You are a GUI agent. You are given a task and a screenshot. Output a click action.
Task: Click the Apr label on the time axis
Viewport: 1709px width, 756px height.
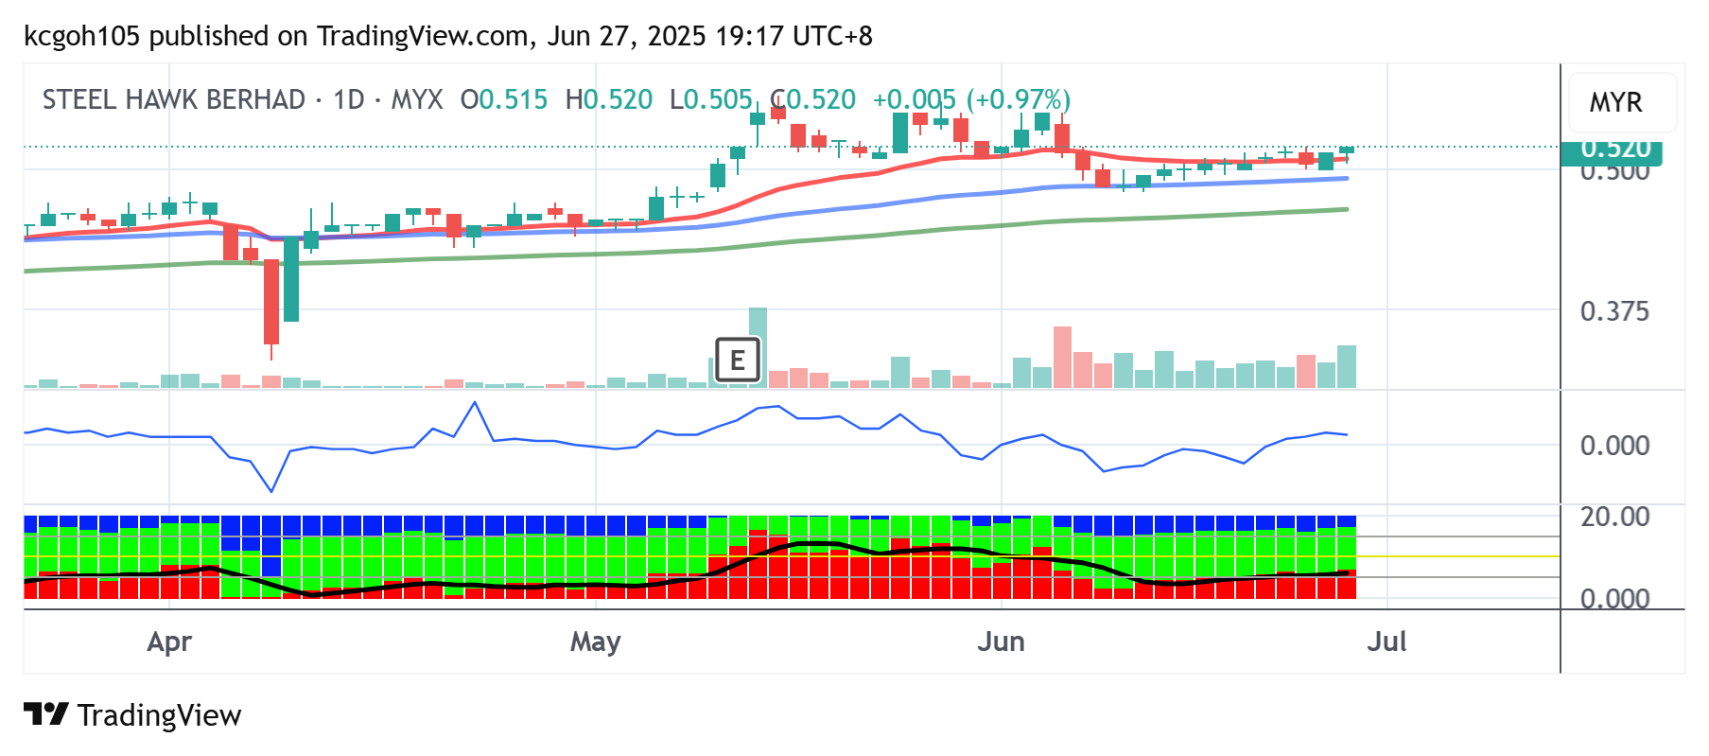tap(169, 642)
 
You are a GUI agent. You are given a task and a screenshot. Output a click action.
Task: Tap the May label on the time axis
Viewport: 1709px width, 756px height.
tap(595, 642)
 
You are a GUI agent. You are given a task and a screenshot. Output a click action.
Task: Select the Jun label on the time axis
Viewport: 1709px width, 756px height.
tap(1001, 642)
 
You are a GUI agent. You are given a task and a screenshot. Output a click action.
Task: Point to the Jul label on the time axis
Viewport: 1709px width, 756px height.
tap(1386, 642)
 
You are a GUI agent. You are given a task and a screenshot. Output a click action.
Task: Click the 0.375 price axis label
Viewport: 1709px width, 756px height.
tap(1613, 311)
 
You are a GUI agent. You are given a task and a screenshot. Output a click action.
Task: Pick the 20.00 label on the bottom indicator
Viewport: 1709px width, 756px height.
tap(1613, 517)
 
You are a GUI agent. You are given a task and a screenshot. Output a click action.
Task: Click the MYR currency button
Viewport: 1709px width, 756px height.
tap(1615, 102)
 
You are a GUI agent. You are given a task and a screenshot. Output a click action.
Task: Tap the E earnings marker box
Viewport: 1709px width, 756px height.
tap(737, 360)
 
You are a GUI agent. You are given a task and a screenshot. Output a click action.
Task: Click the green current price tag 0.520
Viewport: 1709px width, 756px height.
tap(1615, 149)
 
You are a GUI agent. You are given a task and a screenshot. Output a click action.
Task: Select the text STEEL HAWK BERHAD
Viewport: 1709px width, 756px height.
tap(174, 99)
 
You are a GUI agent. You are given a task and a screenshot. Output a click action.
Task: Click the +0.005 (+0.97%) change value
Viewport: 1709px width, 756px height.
tap(971, 99)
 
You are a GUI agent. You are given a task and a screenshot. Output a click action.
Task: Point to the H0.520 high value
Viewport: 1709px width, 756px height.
tap(608, 99)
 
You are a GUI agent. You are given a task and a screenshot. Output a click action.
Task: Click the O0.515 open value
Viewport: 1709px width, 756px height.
tap(503, 99)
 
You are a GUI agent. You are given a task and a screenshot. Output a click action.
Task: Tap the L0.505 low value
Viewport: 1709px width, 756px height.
tap(710, 99)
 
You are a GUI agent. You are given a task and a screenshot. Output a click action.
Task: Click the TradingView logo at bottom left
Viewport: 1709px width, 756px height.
tap(132, 715)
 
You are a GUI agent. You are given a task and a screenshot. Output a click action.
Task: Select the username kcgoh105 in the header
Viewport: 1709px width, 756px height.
tap(81, 36)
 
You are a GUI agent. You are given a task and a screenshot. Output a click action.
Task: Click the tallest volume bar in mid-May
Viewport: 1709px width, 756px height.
tap(758, 346)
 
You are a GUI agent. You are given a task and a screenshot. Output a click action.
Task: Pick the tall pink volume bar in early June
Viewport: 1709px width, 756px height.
tap(1062, 357)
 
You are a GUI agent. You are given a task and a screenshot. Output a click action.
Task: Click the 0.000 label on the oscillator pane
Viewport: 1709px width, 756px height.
tap(1613, 446)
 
